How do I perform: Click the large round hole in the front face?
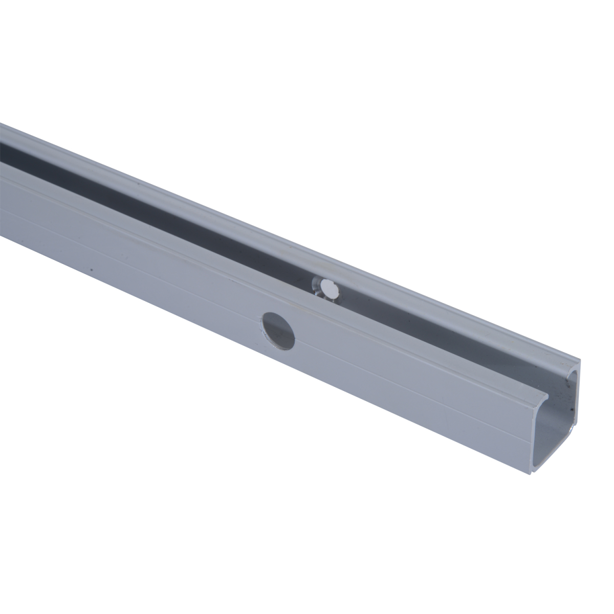pyautogui.click(x=278, y=331)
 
